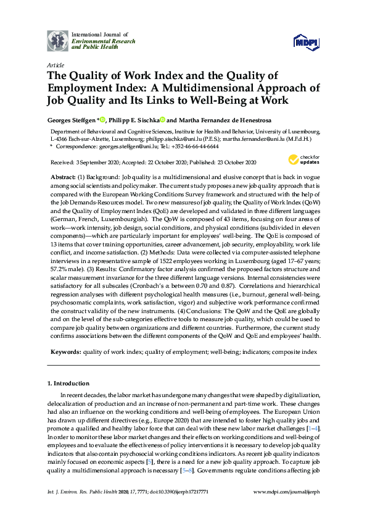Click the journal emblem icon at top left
coord(59,41)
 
